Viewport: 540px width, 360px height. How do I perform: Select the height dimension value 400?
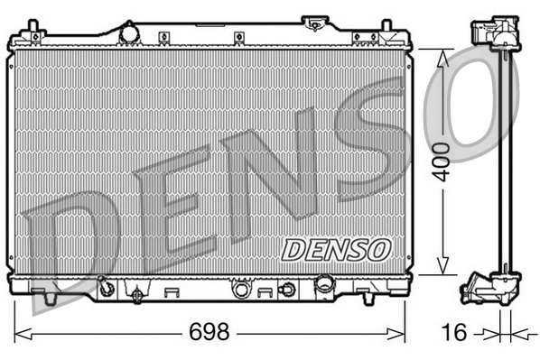(441, 162)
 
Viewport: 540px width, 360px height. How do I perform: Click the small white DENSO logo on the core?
(335, 247)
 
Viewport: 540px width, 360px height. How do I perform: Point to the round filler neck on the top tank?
(129, 32)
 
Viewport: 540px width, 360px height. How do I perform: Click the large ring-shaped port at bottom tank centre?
(241, 290)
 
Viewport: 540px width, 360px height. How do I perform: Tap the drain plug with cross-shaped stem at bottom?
(136, 294)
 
